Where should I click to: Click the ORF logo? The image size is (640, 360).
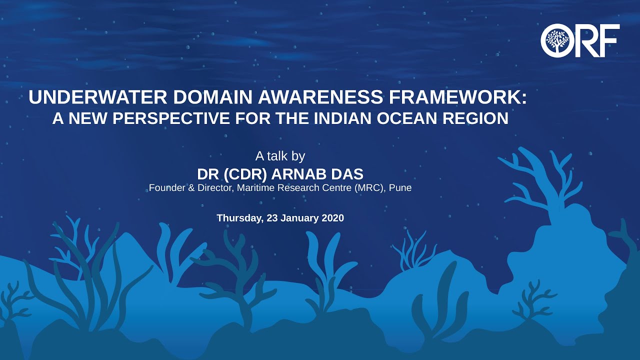(580, 40)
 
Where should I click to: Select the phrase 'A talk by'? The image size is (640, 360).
(280, 156)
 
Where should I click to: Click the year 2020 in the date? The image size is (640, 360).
(332, 218)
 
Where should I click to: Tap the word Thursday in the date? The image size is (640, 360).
(237, 218)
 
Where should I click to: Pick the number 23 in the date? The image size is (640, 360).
(272, 218)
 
